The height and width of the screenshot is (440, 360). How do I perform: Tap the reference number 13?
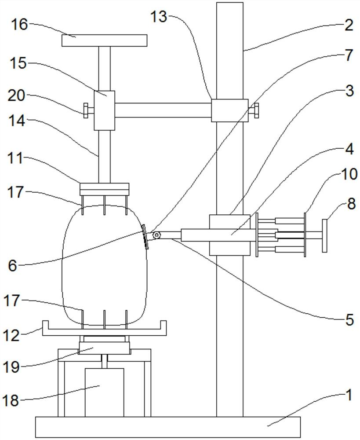[x=159, y=17]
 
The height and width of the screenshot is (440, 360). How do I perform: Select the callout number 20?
[x=16, y=96]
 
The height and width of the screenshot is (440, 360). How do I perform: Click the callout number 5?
[x=349, y=319]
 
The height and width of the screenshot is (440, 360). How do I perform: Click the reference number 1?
[x=349, y=396]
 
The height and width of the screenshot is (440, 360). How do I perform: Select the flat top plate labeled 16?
[x=104, y=40]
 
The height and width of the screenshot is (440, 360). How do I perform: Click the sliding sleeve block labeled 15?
[x=104, y=110]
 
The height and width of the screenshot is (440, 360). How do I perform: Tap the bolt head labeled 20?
[x=86, y=110]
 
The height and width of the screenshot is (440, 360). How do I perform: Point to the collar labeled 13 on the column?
[x=229, y=110]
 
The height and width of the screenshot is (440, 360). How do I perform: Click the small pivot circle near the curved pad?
[x=156, y=235]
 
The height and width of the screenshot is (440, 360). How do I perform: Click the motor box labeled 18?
[x=104, y=392]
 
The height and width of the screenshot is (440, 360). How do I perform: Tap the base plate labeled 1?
[x=168, y=427]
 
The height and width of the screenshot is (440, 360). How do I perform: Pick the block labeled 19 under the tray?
[x=104, y=348]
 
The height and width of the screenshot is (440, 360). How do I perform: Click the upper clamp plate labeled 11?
[x=104, y=189]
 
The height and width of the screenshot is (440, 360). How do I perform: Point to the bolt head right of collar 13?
[x=256, y=110]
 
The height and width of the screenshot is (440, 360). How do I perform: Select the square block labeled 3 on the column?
[x=229, y=235]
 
